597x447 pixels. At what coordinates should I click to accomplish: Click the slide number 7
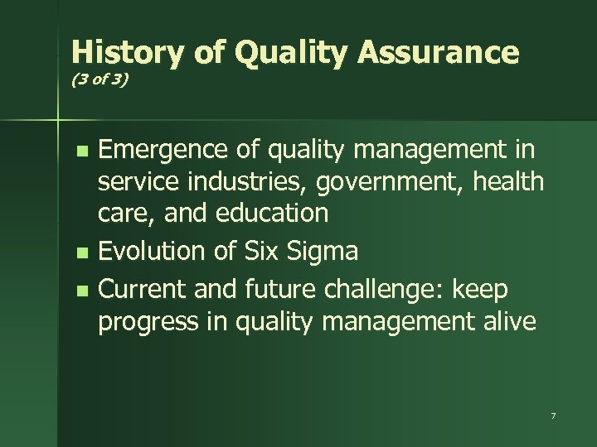(x=552, y=415)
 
